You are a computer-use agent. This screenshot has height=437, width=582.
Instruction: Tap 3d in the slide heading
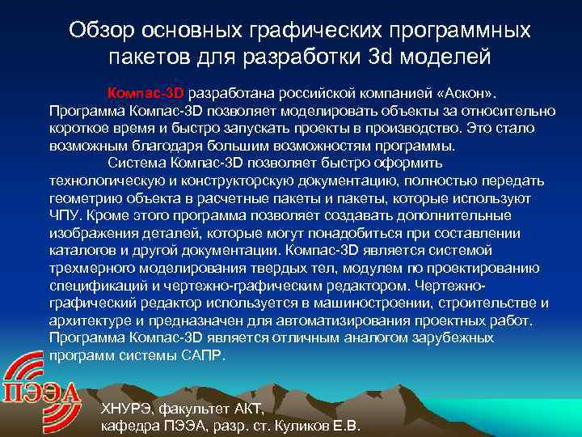(x=391, y=57)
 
